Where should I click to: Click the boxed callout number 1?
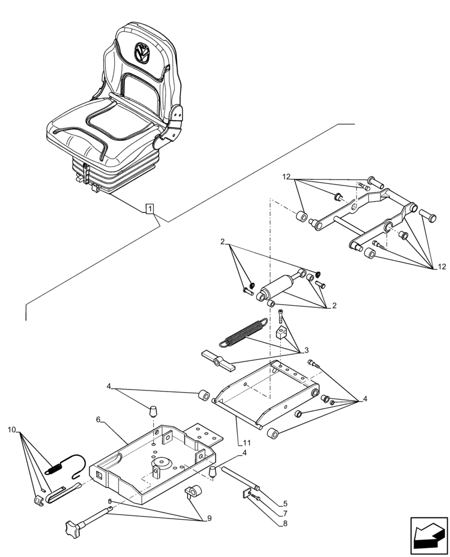tap(150, 209)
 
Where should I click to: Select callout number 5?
tap(284, 503)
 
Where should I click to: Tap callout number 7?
tap(284, 513)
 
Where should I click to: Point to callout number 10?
tap(12, 429)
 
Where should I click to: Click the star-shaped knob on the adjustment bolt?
tap(74, 524)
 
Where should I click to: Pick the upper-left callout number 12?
tap(286, 177)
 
